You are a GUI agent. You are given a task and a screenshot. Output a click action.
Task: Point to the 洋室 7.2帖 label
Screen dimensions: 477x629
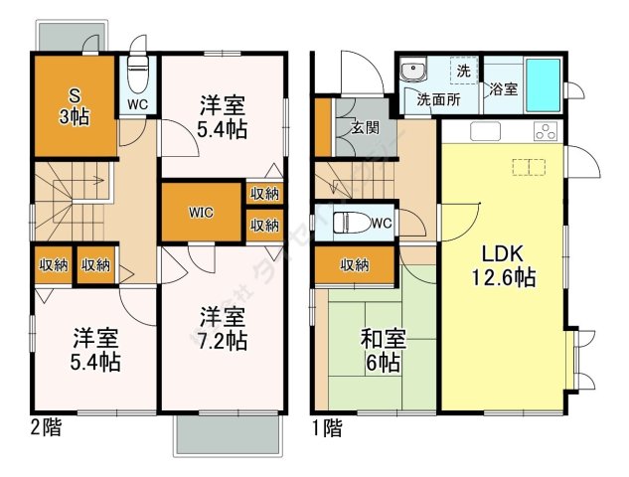click(x=223, y=329)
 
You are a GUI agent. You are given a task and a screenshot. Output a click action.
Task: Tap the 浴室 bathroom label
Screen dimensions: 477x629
click(x=503, y=89)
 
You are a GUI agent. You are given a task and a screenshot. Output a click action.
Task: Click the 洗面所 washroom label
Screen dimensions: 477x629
click(x=436, y=98)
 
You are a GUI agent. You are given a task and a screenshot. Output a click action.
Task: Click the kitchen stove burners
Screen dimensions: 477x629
click(x=546, y=130)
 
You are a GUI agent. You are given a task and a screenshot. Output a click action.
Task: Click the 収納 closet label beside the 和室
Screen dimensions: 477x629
click(x=355, y=264)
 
